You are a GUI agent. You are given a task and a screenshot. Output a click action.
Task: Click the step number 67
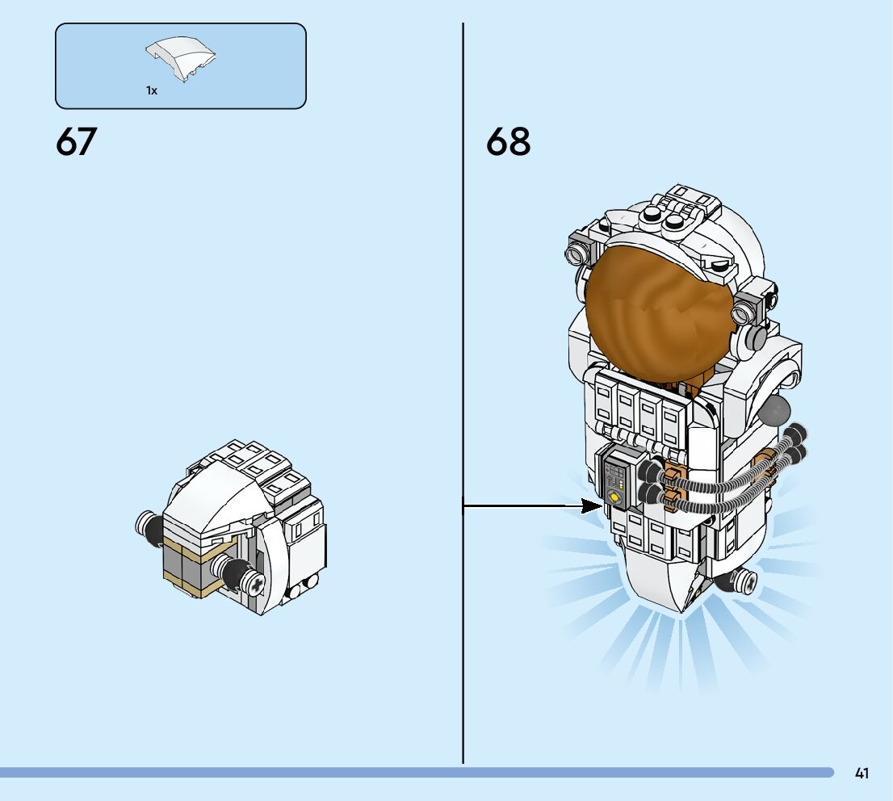pos(76,142)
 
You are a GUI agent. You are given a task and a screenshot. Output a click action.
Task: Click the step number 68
pos(508,142)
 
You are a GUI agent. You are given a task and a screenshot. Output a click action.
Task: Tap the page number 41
pos(862,774)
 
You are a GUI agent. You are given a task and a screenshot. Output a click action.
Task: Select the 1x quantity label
pos(151,91)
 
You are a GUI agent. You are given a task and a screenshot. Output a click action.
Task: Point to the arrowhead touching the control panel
pos(593,506)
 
